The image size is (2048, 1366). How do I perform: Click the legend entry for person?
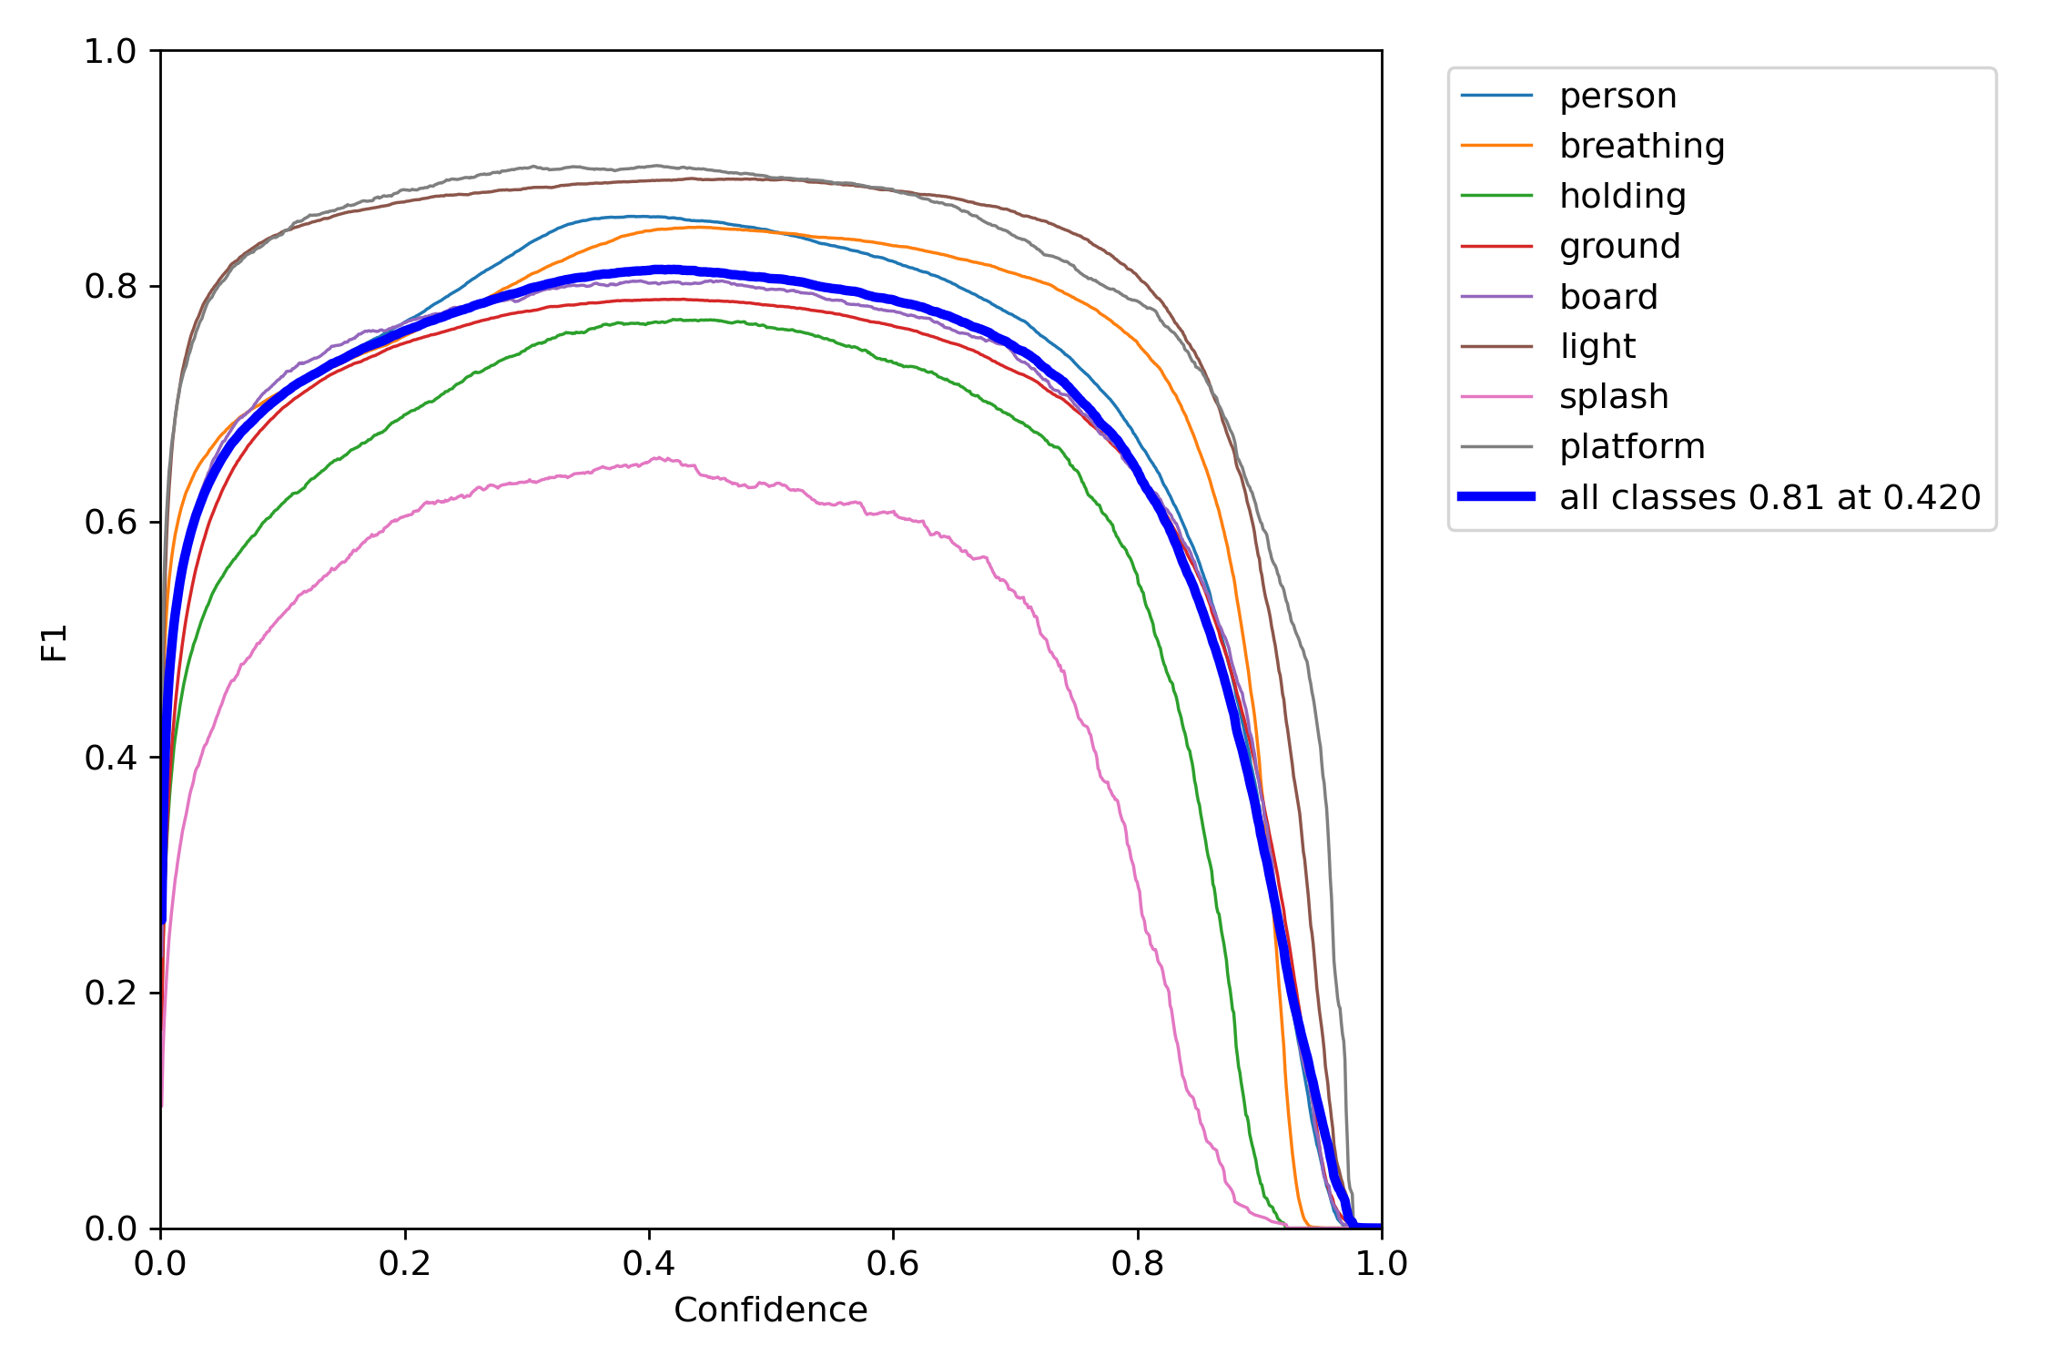pyautogui.click(x=1617, y=96)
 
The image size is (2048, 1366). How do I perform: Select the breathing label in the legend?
pyautogui.click(x=1641, y=146)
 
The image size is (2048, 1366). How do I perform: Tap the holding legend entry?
pyautogui.click(x=1622, y=196)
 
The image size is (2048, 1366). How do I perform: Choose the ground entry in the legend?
pyautogui.click(x=1619, y=246)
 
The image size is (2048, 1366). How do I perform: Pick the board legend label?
pyautogui.click(x=1607, y=297)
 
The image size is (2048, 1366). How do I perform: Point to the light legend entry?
pyautogui.click(x=1597, y=346)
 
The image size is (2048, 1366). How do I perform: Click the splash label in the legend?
pyautogui.click(x=1613, y=396)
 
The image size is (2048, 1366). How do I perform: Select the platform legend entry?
pyautogui.click(x=1631, y=446)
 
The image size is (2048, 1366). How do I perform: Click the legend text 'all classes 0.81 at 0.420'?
pyautogui.click(x=1769, y=497)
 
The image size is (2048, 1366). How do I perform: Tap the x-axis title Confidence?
pyautogui.click(x=770, y=1310)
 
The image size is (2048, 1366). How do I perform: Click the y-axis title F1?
pyautogui.click(x=55, y=642)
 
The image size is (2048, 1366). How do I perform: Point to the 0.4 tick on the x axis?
pyautogui.click(x=649, y=1263)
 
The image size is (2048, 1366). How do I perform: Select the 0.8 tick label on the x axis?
pyautogui.click(x=1137, y=1263)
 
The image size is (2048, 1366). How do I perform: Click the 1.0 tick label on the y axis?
pyautogui.click(x=109, y=52)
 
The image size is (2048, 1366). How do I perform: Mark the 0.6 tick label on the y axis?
pyautogui.click(x=109, y=523)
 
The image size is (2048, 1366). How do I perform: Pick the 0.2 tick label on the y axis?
pyautogui.click(x=109, y=993)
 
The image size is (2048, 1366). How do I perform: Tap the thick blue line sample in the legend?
pyautogui.click(x=1496, y=496)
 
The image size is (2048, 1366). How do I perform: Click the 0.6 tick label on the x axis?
pyautogui.click(x=893, y=1263)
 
